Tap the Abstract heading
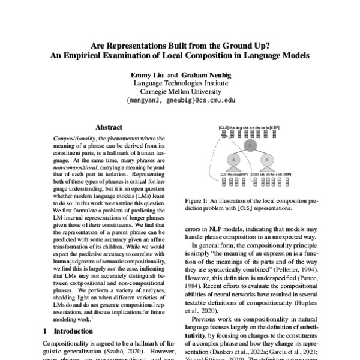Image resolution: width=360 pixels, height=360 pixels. (x=110, y=127)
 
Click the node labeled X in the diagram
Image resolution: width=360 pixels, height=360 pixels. (x=251, y=146)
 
